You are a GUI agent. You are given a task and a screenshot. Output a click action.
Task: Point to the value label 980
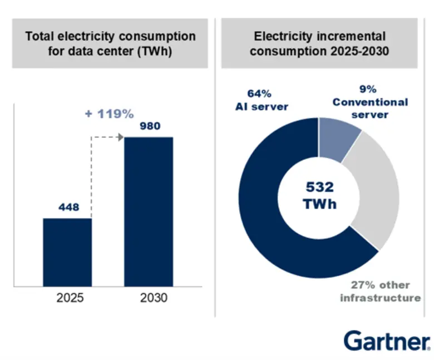(149, 126)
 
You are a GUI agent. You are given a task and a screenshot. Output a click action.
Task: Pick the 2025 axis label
(70, 298)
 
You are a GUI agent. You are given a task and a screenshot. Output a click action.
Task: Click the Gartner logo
(386, 340)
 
